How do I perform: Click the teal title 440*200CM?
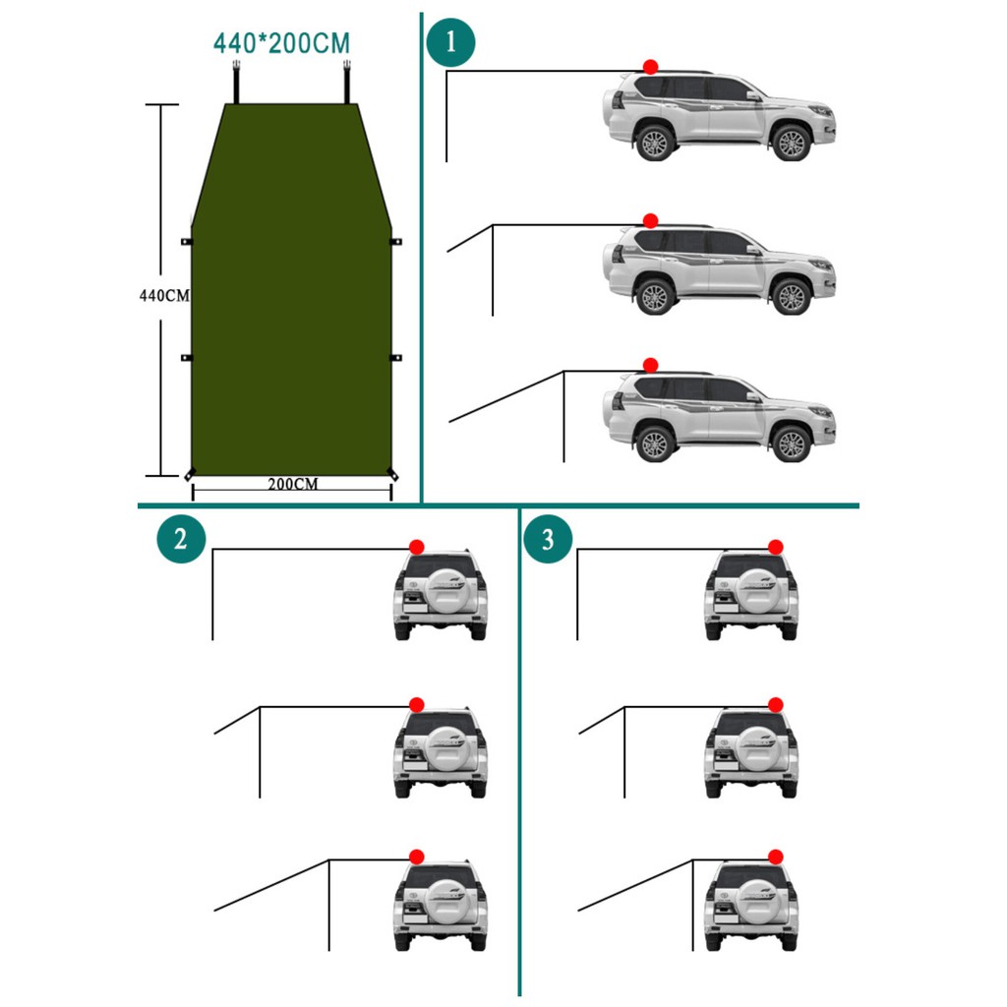[281, 43]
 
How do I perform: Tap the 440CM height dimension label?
[164, 295]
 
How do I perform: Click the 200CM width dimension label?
[293, 484]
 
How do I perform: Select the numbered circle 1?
[450, 42]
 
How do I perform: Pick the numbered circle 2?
[181, 538]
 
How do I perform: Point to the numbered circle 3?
[548, 538]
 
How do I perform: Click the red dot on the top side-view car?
[651, 67]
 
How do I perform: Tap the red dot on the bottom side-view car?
[651, 366]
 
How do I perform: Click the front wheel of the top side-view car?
[792, 143]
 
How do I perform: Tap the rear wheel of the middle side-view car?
[655, 297]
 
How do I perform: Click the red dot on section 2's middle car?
[417, 704]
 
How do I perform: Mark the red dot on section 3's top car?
[776, 547]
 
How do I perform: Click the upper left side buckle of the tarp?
[186, 242]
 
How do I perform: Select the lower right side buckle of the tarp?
[396, 357]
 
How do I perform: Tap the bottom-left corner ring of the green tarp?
[189, 475]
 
